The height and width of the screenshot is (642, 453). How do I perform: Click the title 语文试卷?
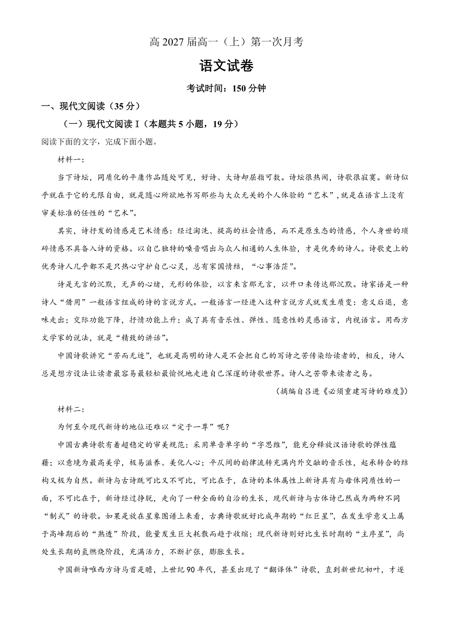[x=226, y=67]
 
